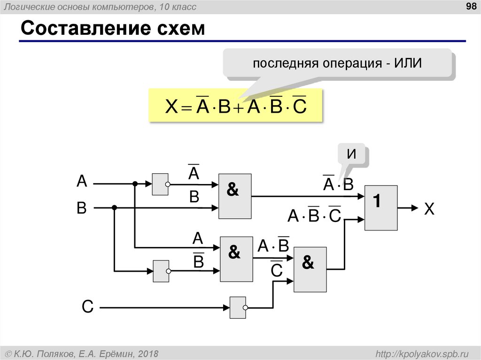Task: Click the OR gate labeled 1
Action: [x=381, y=207]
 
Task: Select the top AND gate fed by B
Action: [x=235, y=196]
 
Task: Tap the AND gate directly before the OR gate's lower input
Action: [x=310, y=269]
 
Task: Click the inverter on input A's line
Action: [x=160, y=184]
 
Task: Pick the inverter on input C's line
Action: [x=238, y=307]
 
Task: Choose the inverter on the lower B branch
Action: [x=161, y=271]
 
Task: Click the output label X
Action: [x=429, y=209]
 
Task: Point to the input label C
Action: [x=87, y=307]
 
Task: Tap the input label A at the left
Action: [x=82, y=182]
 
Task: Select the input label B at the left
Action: [x=82, y=208]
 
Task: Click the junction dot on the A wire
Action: [x=135, y=184]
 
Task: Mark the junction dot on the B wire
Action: [x=114, y=207]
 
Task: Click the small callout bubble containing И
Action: [x=351, y=155]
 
